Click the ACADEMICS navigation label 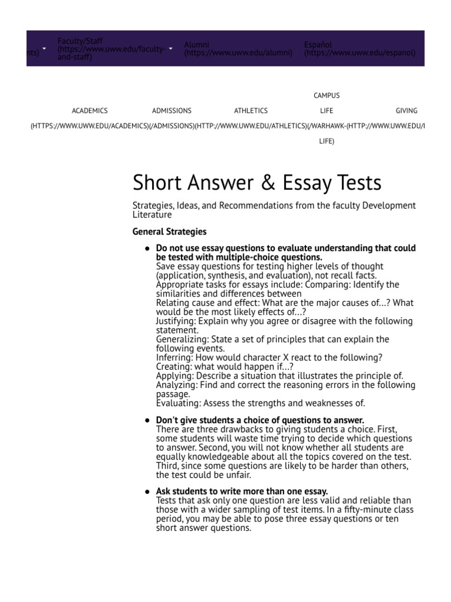point(90,111)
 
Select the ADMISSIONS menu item point(171,111)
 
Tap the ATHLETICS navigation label point(251,111)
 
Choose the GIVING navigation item point(406,111)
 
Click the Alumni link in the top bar point(196,45)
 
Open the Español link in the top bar point(318,45)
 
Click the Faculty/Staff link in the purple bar point(80,41)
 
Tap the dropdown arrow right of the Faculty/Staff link point(170,49)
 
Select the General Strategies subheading point(170,232)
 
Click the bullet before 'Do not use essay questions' point(147,249)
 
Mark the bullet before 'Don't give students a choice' point(147,420)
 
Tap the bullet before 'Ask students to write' point(147,491)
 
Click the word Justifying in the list point(176,321)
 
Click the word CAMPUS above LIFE point(327,95)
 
